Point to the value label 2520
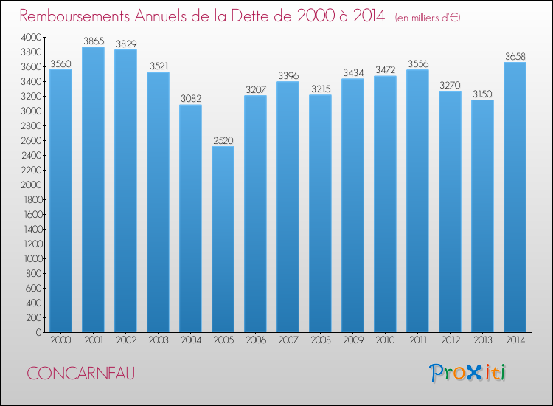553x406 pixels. click(223, 140)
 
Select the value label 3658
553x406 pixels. click(515, 56)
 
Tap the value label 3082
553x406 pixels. click(190, 99)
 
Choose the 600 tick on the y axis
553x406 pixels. click(32, 288)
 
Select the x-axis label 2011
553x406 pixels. click(417, 340)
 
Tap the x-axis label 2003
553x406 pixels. click(158, 340)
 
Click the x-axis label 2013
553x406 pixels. click(482, 340)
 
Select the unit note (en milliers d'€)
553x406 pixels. click(427, 17)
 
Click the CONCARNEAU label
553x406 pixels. click(80, 373)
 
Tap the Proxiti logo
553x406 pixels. click(468, 373)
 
